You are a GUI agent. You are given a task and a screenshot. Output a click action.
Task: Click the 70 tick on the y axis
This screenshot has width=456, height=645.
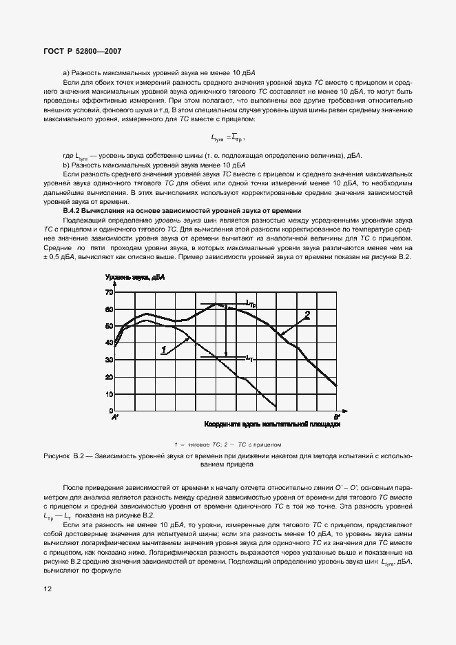pos(107,292)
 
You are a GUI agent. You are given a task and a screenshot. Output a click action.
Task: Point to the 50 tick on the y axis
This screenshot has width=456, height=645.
pos(107,326)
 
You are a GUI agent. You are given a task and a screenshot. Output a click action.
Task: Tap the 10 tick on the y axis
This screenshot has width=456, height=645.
pos(107,395)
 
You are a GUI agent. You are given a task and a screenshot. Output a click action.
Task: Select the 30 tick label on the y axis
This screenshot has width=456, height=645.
pos(107,360)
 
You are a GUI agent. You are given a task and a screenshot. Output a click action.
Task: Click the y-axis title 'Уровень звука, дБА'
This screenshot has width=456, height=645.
pos(135,278)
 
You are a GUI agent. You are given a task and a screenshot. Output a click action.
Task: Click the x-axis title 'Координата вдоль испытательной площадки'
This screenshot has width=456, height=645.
pos(272,425)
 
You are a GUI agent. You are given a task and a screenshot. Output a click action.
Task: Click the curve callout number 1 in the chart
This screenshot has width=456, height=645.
pos(164,350)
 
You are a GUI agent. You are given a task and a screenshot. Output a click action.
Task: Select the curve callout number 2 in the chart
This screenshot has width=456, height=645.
pos(307,315)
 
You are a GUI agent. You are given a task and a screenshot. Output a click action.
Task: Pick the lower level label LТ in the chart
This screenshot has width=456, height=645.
pos(250,358)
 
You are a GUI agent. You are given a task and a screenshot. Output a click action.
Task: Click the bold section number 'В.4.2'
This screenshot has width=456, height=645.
pos(74,210)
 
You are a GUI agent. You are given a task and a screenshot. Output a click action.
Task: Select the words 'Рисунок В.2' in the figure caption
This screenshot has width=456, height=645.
pos(67,456)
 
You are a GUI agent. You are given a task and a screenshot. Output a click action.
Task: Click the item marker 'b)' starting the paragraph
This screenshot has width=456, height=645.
pos(66,165)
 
